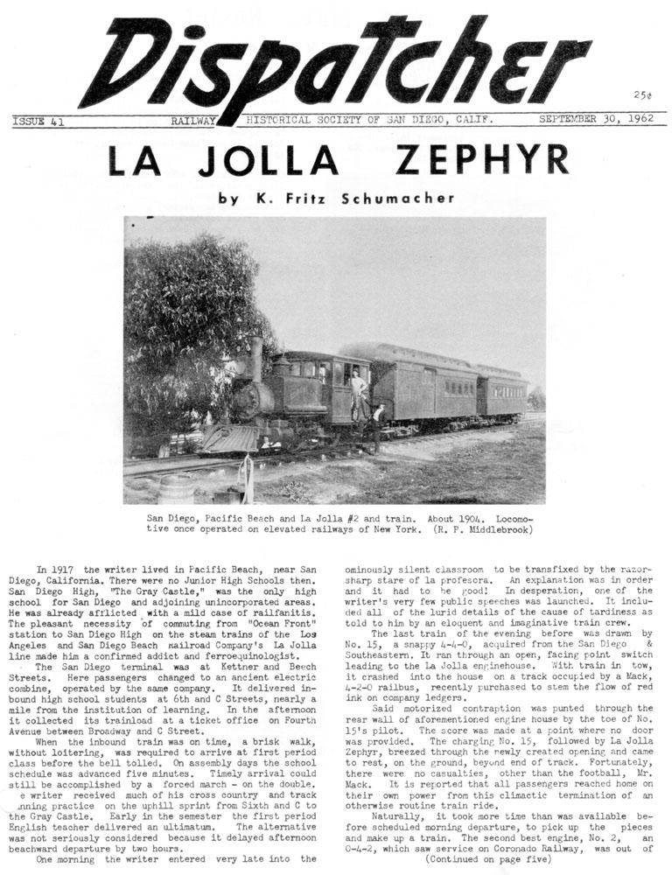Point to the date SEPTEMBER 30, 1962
coord(602,120)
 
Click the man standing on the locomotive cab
coord(357,391)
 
